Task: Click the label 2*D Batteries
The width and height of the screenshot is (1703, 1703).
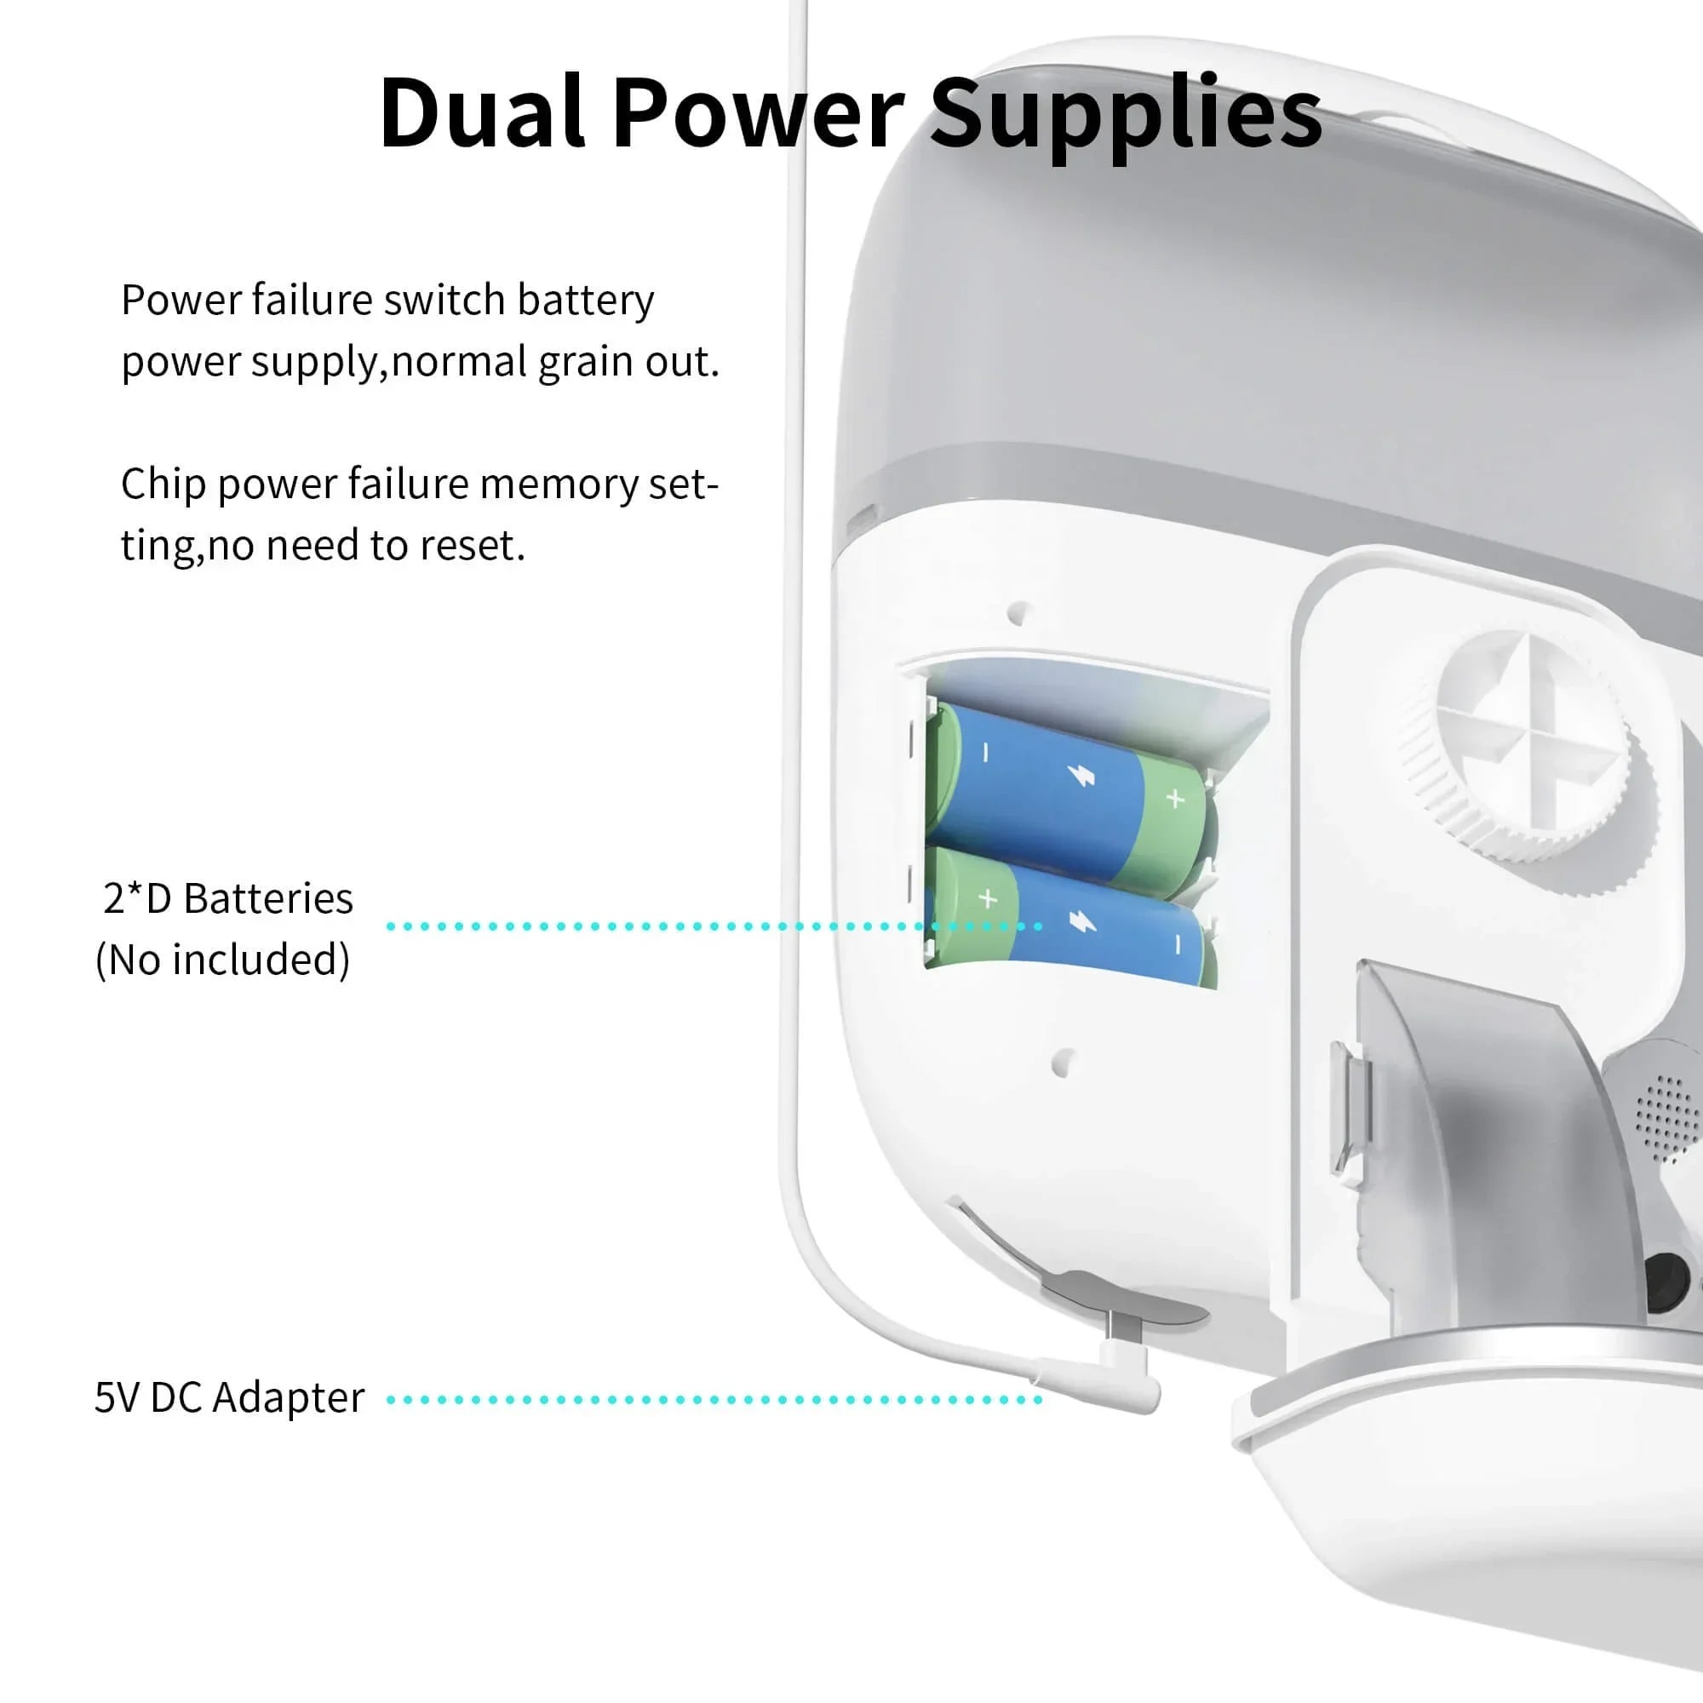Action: click(x=227, y=898)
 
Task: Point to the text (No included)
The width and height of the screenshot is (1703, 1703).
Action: click(x=223, y=959)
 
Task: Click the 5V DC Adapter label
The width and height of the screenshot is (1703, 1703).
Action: click(x=229, y=1397)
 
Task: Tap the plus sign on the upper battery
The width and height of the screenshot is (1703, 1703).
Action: click(x=1175, y=799)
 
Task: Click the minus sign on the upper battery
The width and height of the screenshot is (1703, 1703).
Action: click(x=986, y=753)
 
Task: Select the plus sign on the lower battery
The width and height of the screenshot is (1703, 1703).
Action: click(x=988, y=898)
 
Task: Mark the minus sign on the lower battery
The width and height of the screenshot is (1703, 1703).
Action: click(x=1178, y=945)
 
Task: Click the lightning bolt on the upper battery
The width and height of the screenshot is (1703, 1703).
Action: click(x=1081, y=776)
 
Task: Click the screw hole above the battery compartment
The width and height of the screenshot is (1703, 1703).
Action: click(x=1019, y=612)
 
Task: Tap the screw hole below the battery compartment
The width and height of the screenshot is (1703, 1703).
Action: click(x=1063, y=1062)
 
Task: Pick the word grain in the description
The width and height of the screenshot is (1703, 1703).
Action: click(x=583, y=362)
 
